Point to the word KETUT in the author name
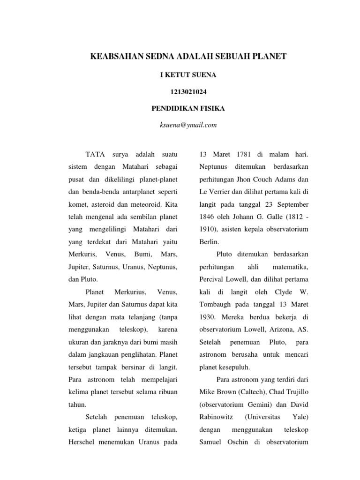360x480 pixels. click(x=180, y=74)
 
